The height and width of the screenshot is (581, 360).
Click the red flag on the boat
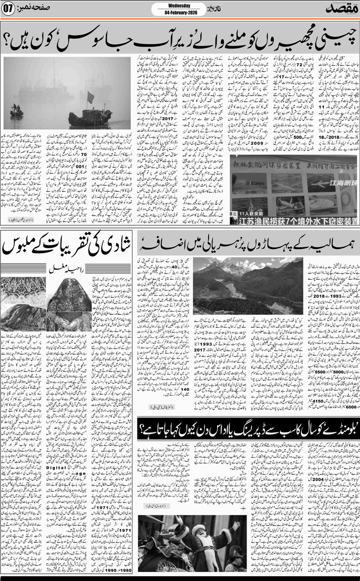click(91, 97)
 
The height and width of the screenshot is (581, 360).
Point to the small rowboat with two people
click(16, 113)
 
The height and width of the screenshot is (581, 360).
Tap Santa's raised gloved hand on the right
click(237, 524)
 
